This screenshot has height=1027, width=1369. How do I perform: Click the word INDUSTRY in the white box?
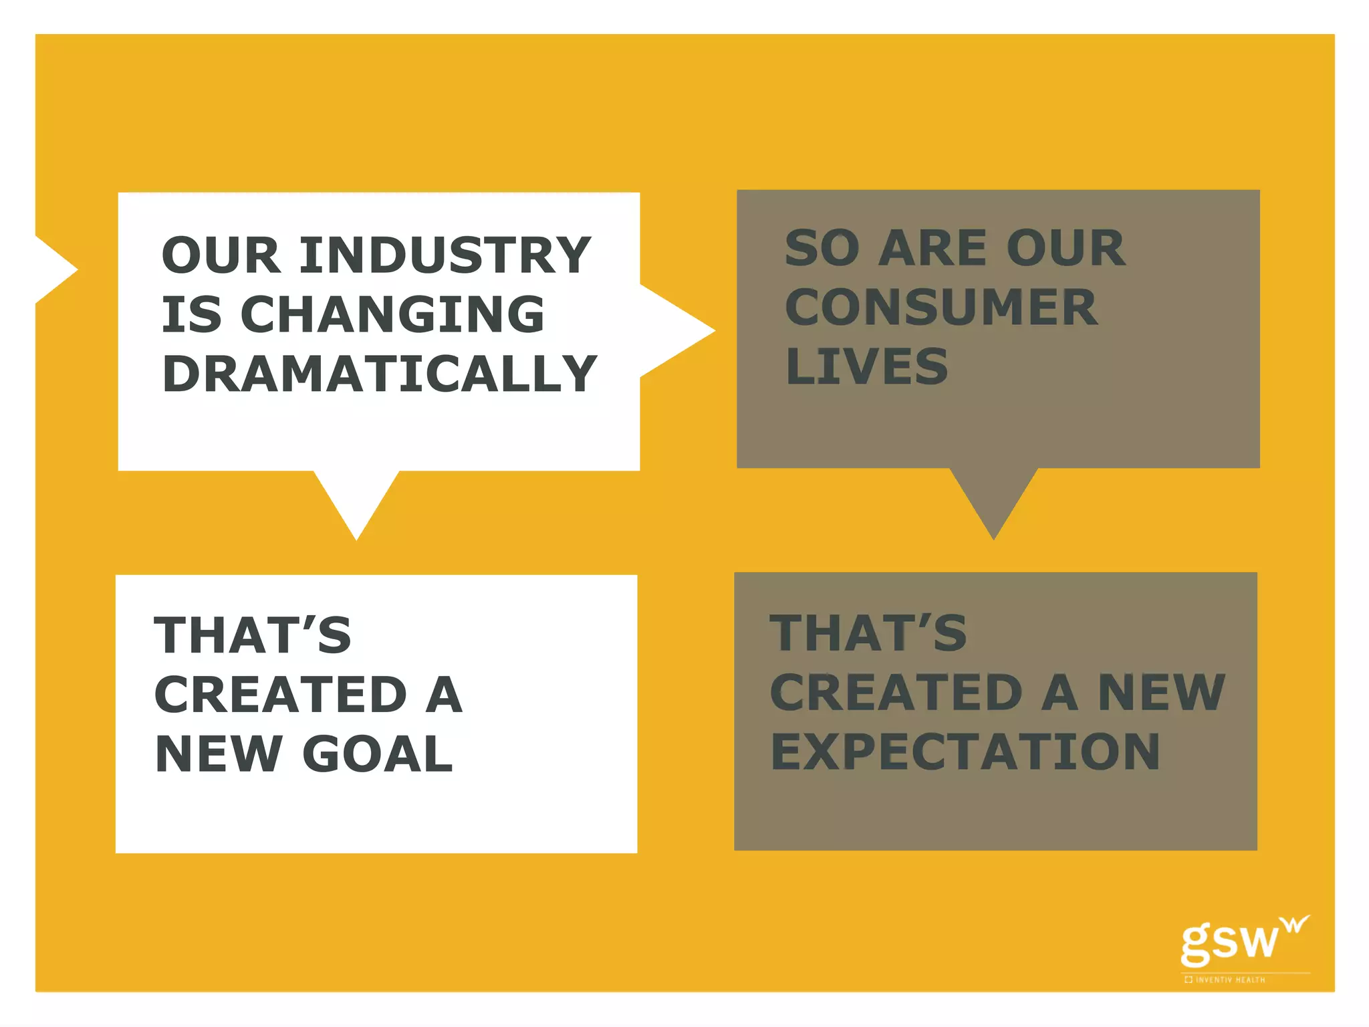[x=445, y=255]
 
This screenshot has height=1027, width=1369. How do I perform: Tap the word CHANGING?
[x=392, y=314]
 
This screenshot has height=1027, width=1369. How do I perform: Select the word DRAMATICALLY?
[x=379, y=374]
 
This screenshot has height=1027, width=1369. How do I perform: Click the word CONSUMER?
[x=941, y=308]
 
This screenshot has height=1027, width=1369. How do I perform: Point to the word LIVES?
[x=867, y=366]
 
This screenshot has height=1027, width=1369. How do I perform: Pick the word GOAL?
[x=378, y=754]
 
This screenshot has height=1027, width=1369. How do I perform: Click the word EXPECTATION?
[x=965, y=752]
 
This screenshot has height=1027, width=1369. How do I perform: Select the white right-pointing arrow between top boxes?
[x=675, y=330]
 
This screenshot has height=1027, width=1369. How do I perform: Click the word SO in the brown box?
[x=822, y=248]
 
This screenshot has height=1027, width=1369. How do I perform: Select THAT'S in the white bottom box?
[x=253, y=635]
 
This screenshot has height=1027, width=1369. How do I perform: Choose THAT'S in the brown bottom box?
[x=868, y=633]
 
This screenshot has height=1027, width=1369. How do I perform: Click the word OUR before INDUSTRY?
[x=221, y=255]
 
